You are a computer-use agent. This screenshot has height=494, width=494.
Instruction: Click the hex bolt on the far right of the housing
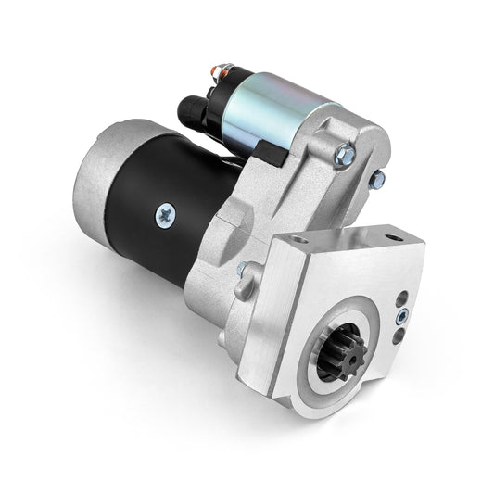point(378,179)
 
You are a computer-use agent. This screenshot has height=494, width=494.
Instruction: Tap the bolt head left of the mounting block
point(243,272)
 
